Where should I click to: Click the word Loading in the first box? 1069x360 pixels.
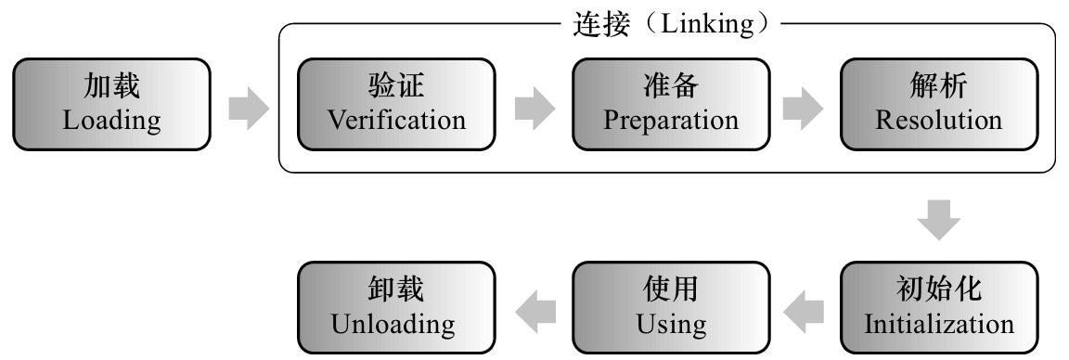click(x=111, y=121)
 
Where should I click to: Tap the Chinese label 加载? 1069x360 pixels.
click(x=111, y=88)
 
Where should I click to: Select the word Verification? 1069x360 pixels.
click(x=396, y=121)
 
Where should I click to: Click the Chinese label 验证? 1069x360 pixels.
click(x=396, y=88)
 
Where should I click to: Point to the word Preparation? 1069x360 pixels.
click(x=671, y=121)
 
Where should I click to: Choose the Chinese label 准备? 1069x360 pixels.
click(x=671, y=88)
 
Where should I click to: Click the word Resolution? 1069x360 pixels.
click(x=939, y=121)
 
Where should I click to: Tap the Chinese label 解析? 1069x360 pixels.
click(x=939, y=88)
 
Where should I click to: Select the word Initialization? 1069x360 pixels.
click(x=939, y=325)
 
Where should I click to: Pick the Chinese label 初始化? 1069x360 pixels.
click(x=939, y=291)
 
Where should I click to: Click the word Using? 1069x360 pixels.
click(x=671, y=325)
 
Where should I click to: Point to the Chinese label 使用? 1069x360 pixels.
click(x=671, y=291)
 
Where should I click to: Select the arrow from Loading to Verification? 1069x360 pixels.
click(x=248, y=109)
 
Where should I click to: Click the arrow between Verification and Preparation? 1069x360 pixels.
click(x=534, y=109)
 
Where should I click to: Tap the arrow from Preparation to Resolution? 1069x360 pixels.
click(x=803, y=109)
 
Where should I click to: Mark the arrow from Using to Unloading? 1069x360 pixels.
click(x=534, y=309)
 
